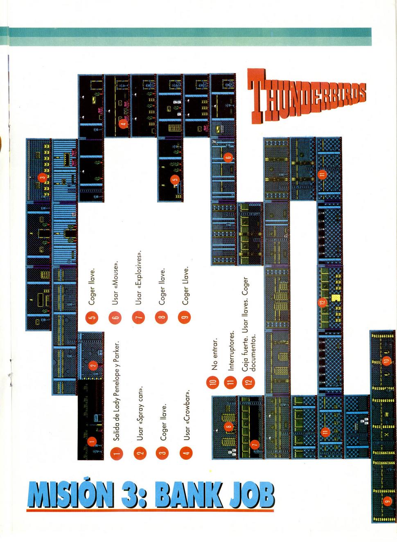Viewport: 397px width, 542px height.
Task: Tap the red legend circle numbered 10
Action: pyautogui.click(x=212, y=382)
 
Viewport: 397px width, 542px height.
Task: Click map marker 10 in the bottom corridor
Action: pyautogui.click(x=386, y=360)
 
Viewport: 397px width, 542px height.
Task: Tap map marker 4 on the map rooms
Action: pyautogui.click(x=124, y=124)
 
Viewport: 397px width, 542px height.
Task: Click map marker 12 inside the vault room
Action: pyautogui.click(x=322, y=302)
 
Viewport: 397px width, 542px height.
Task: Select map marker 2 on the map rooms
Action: pyautogui.click(x=93, y=365)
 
